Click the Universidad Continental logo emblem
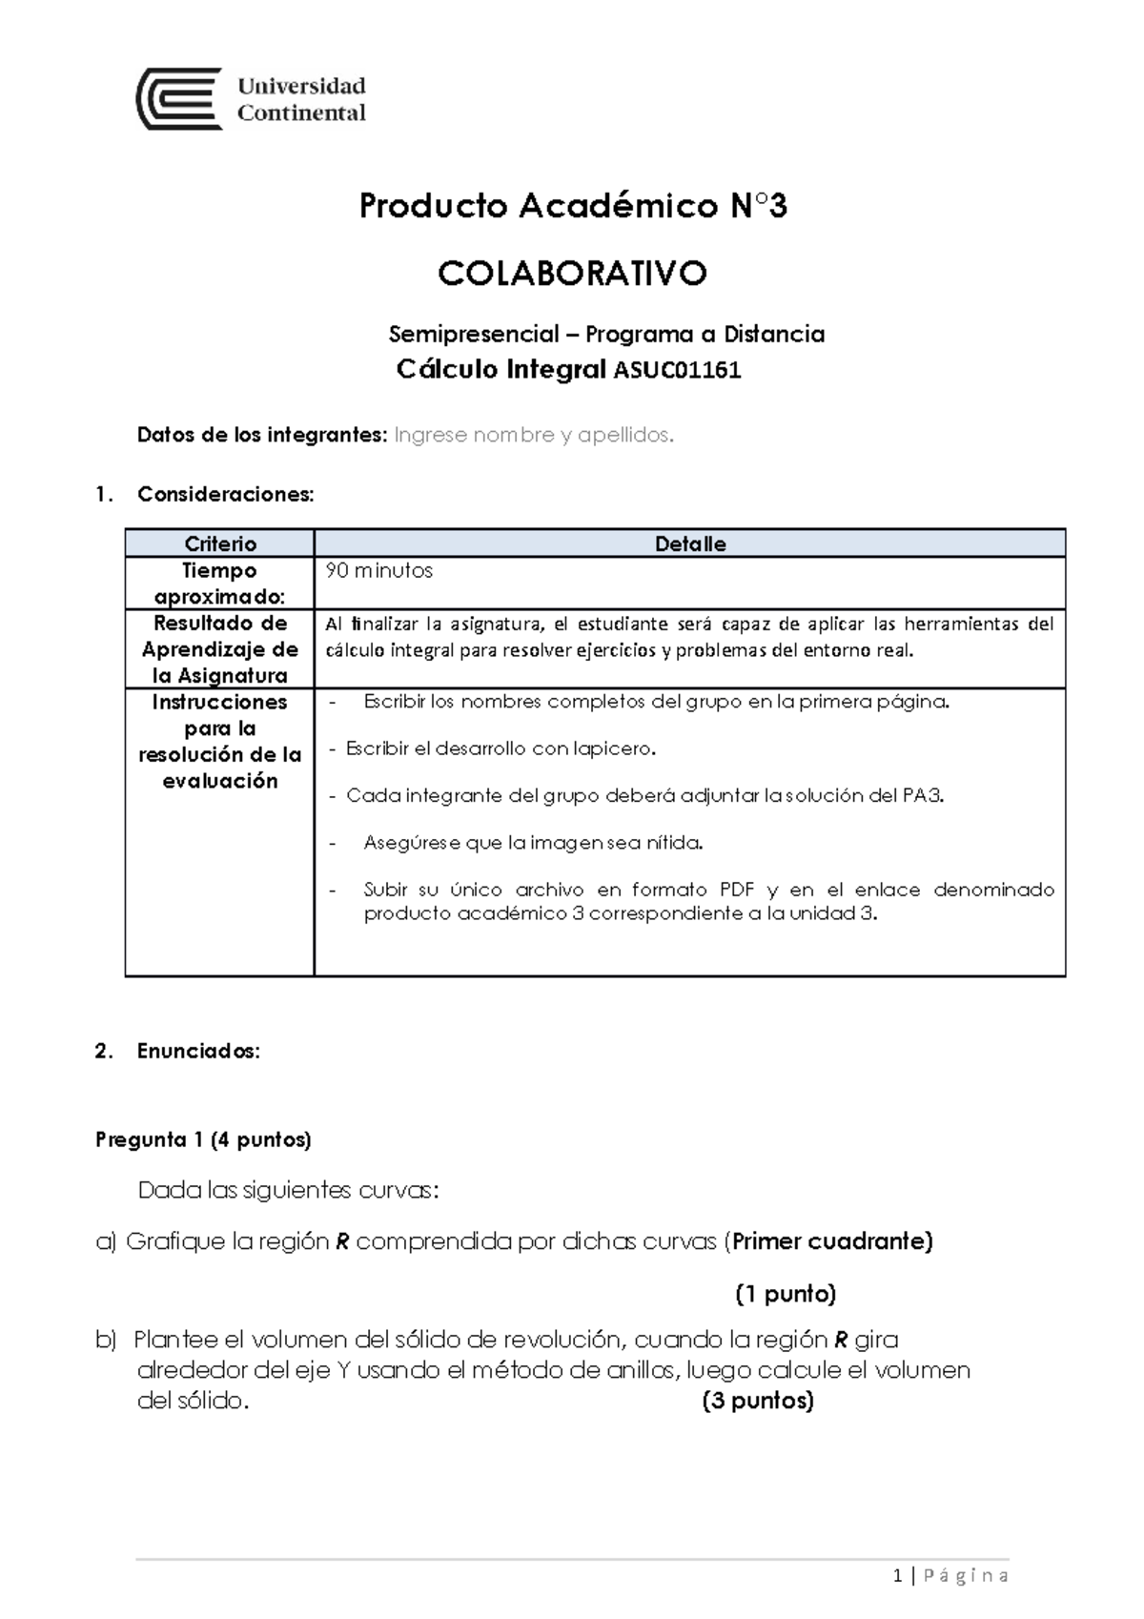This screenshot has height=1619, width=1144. pyautogui.click(x=180, y=99)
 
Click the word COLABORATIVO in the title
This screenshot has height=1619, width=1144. pyautogui.click(x=572, y=275)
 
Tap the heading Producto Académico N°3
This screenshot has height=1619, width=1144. pyautogui.click(x=572, y=206)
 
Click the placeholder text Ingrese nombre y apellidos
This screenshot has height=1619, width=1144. pyautogui.click(x=534, y=436)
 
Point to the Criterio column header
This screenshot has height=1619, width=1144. pyautogui.click(x=220, y=543)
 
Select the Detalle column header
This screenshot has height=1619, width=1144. pyautogui.click(x=690, y=543)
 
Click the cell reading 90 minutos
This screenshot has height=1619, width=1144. pyautogui.click(x=379, y=571)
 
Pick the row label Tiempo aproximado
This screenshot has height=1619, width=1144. pyautogui.click(x=220, y=584)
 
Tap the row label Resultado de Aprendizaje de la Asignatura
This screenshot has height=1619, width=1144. pyautogui.click(x=220, y=649)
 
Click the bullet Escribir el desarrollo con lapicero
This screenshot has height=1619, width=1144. pyautogui.click(x=500, y=748)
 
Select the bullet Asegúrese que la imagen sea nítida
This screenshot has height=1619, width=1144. pyautogui.click(x=532, y=843)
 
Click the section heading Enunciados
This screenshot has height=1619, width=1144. pyautogui.click(x=198, y=1051)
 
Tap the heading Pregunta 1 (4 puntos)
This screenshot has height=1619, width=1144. pyautogui.click(x=203, y=1139)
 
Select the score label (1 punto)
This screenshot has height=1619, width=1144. pyautogui.click(x=785, y=1294)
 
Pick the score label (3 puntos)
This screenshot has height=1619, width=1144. pyautogui.click(x=758, y=1401)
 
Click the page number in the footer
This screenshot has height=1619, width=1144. pyautogui.click(x=898, y=1576)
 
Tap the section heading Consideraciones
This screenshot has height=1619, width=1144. pyautogui.click(x=225, y=494)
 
